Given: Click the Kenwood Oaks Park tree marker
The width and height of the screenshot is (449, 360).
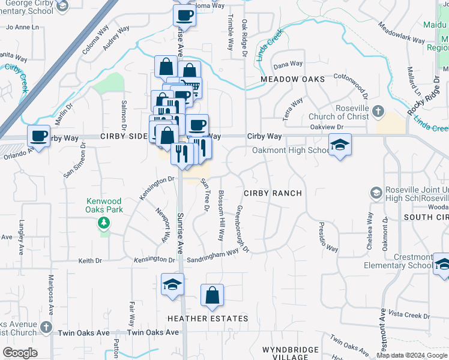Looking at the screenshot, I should click(104, 224).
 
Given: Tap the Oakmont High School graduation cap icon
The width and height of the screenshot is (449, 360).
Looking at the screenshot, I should click(340, 145).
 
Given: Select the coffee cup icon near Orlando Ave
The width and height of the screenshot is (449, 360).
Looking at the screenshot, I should click(39, 136).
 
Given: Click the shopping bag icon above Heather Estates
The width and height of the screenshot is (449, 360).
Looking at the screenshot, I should click(212, 295).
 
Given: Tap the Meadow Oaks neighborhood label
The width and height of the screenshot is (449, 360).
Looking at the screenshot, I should click(292, 79).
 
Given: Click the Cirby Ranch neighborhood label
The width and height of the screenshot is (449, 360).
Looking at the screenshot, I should click(271, 193).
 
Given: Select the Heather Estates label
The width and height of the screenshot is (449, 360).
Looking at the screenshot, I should click(208, 319).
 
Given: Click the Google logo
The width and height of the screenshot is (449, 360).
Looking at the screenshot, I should click(19, 353).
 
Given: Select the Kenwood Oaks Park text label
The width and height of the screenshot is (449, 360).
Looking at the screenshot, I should click(103, 205).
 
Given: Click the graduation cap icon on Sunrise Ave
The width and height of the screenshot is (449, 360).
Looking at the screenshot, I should click(172, 284).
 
